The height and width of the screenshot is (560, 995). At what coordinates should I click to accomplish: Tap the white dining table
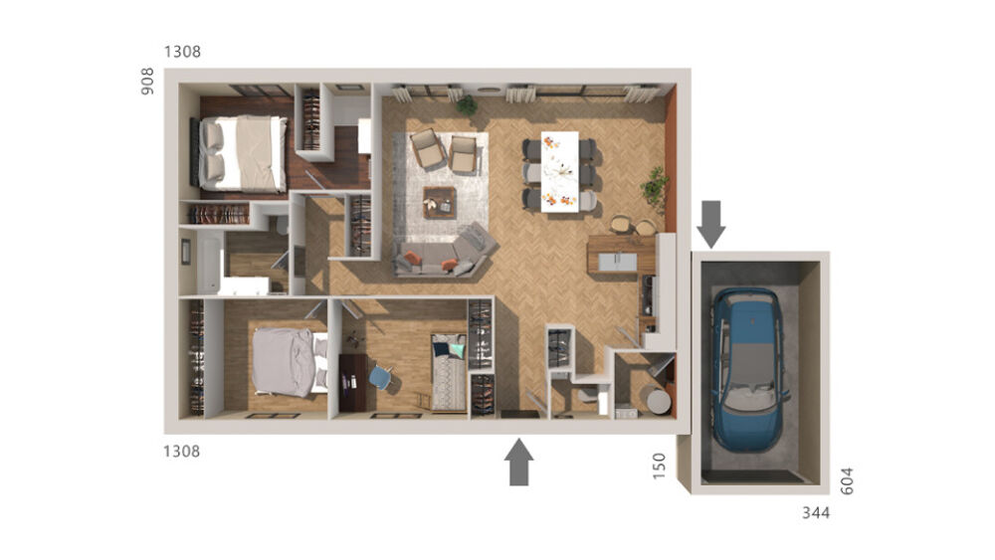point(559,171)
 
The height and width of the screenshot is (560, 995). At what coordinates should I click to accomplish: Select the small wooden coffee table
point(439,201)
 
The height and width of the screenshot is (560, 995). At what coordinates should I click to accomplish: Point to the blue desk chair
point(379,377)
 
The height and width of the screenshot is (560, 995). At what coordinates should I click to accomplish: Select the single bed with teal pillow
point(449,371)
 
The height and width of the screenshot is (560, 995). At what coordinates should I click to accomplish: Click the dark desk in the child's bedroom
point(351,381)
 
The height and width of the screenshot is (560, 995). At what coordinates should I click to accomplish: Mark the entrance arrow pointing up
point(520,463)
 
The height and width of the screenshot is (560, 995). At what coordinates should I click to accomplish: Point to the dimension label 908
point(148,81)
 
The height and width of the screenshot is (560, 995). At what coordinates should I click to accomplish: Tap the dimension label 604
point(848,480)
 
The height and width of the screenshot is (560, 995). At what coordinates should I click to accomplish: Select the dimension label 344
point(816,513)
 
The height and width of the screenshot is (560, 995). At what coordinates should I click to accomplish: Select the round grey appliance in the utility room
point(656,400)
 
